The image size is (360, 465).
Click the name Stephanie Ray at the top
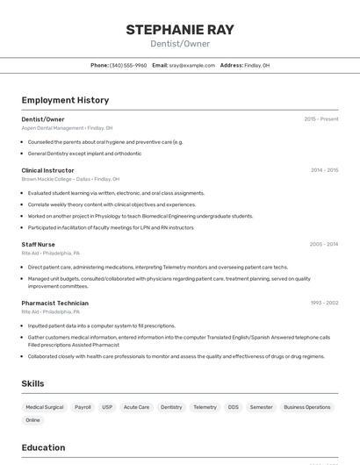[x=180, y=30]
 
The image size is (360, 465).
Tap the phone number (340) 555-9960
[x=128, y=65]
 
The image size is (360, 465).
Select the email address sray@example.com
[x=192, y=65]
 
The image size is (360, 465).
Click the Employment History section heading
[x=65, y=100]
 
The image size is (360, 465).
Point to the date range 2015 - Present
[x=320, y=118]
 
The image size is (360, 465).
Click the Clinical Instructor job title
[x=48, y=170]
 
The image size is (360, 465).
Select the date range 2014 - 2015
[x=324, y=170]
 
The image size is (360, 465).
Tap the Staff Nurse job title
[x=39, y=244]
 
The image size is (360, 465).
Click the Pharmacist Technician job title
[x=55, y=303]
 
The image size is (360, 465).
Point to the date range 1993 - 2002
[x=324, y=303]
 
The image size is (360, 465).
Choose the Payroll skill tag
[x=83, y=407]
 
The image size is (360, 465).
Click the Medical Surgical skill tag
[x=45, y=407]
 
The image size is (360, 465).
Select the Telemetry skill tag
[x=205, y=407]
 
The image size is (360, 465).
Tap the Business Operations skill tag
[x=307, y=407]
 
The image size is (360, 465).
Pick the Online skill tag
[x=32, y=420]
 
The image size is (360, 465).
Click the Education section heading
[x=44, y=447]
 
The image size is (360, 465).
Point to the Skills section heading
[x=33, y=383]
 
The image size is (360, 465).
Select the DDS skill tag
[x=234, y=407]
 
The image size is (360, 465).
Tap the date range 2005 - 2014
[x=324, y=244]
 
